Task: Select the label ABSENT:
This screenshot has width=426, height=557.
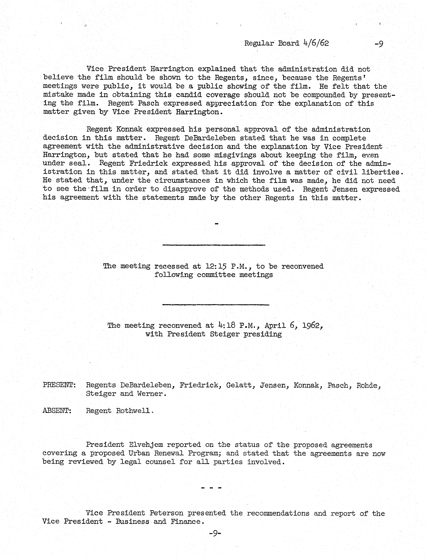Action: tap(57, 410)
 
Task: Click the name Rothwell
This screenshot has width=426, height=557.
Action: tap(133, 410)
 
